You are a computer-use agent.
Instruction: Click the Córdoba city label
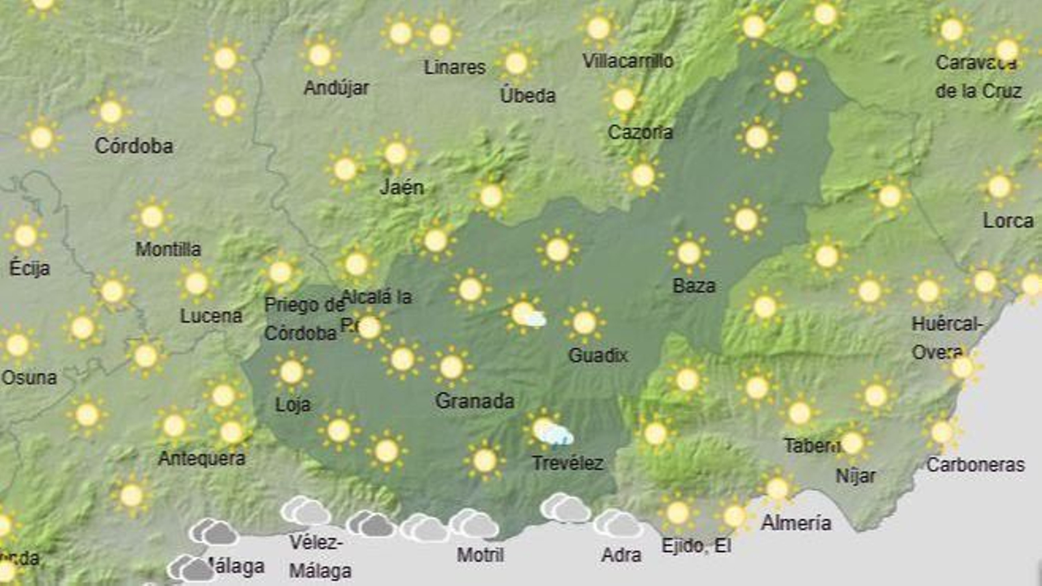click(x=134, y=145)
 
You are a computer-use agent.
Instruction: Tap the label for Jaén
click(x=401, y=188)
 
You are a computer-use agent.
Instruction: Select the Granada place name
click(x=475, y=400)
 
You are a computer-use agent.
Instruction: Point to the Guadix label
click(x=598, y=355)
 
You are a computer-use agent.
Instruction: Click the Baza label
click(x=694, y=285)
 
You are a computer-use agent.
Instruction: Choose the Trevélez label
click(x=567, y=463)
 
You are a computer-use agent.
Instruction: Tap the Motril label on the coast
click(x=480, y=555)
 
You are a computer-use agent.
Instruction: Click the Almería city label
click(x=796, y=523)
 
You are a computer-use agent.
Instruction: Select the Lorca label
click(x=1007, y=221)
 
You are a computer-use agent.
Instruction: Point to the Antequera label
click(x=202, y=458)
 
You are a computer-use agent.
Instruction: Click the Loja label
click(x=292, y=404)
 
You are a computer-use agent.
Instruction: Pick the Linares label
click(x=455, y=67)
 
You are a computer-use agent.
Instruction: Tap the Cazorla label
click(x=640, y=132)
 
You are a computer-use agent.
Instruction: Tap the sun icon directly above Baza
click(x=688, y=253)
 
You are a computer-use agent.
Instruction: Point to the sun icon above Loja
click(x=291, y=372)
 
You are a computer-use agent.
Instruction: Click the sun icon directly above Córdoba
click(x=111, y=112)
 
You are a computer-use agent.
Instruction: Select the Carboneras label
click(x=975, y=464)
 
